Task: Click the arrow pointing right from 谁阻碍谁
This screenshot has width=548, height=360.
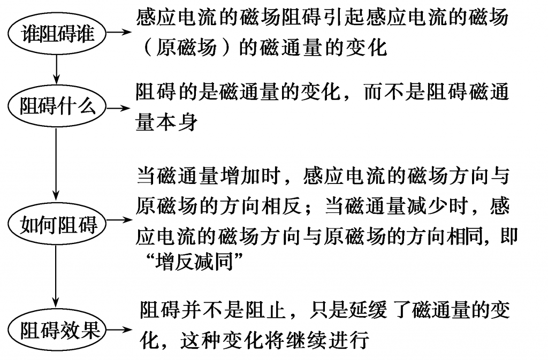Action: pos(119,32)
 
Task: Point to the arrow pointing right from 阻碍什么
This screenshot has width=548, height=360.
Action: pos(119,108)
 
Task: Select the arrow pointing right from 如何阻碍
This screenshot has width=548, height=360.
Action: pos(119,220)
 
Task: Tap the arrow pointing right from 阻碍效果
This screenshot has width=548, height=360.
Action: pos(119,330)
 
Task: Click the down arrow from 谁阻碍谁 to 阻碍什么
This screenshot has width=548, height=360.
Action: pos(56,70)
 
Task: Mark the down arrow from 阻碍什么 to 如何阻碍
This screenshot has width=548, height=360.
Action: pos(56,164)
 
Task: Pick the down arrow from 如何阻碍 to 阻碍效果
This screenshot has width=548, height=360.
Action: pos(56,276)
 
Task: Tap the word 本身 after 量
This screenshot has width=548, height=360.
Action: pos(177,122)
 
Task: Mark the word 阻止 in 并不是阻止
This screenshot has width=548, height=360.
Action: pos(266,310)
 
